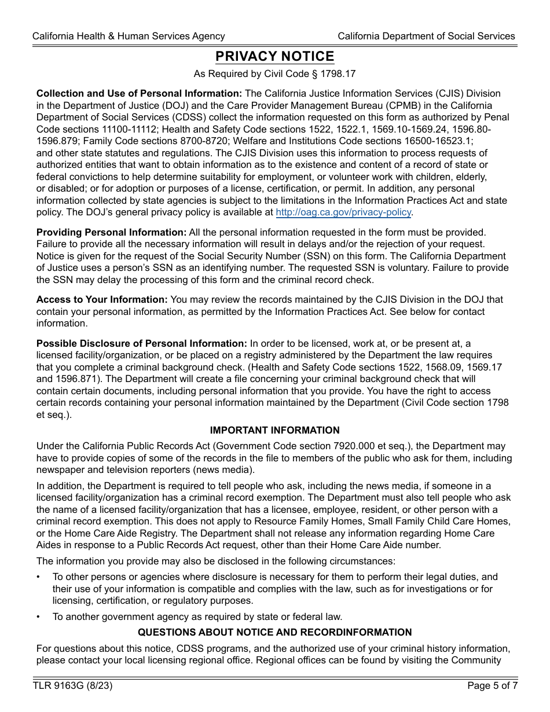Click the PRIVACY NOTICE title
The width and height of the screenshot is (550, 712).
click(x=274, y=56)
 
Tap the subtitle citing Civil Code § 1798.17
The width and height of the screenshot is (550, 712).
click(x=274, y=74)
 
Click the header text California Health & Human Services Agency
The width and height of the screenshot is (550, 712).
click(x=129, y=36)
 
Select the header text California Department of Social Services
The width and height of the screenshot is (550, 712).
click(x=426, y=36)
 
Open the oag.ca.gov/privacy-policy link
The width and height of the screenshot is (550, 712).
click(x=344, y=212)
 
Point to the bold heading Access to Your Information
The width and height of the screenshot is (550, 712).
click(x=102, y=299)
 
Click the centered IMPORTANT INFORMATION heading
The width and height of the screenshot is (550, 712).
click(x=274, y=430)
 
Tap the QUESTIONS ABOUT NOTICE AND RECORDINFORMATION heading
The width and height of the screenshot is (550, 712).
click(x=274, y=632)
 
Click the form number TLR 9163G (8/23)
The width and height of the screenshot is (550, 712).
click(x=72, y=686)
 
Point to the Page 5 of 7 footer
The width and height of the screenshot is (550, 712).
click(x=492, y=686)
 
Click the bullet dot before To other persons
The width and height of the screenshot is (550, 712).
click(x=38, y=577)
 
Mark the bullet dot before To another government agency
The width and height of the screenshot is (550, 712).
click(x=38, y=616)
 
